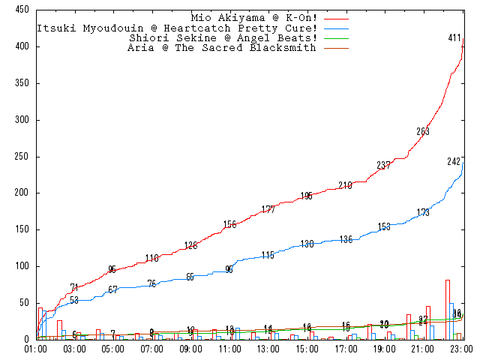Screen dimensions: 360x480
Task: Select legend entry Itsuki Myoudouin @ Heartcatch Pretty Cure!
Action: tap(177, 27)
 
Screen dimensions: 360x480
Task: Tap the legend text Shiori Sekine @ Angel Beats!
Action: tap(223, 37)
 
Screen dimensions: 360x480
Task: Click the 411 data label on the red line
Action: tap(454, 38)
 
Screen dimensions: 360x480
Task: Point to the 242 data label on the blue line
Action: tap(454, 162)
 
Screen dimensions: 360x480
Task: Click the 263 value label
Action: tap(423, 132)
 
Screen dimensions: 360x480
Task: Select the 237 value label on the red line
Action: tap(383, 166)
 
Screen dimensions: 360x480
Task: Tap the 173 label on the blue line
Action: tap(423, 213)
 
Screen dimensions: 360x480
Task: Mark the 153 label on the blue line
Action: tap(384, 226)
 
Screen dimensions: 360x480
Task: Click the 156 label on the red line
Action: tap(229, 225)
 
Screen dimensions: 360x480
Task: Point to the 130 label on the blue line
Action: tap(307, 244)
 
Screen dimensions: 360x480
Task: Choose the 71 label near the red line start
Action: tap(74, 288)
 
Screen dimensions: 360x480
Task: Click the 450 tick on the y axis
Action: tap(22, 10)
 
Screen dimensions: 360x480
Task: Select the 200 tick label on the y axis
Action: tap(22, 193)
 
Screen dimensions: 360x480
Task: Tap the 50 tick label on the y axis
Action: tap(24, 303)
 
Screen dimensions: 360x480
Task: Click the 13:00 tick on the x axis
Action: tap(268, 349)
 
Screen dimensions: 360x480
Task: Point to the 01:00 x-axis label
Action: tap(36, 349)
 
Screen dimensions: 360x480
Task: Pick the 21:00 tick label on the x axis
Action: tap(424, 349)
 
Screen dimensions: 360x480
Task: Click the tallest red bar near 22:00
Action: tap(447, 309)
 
